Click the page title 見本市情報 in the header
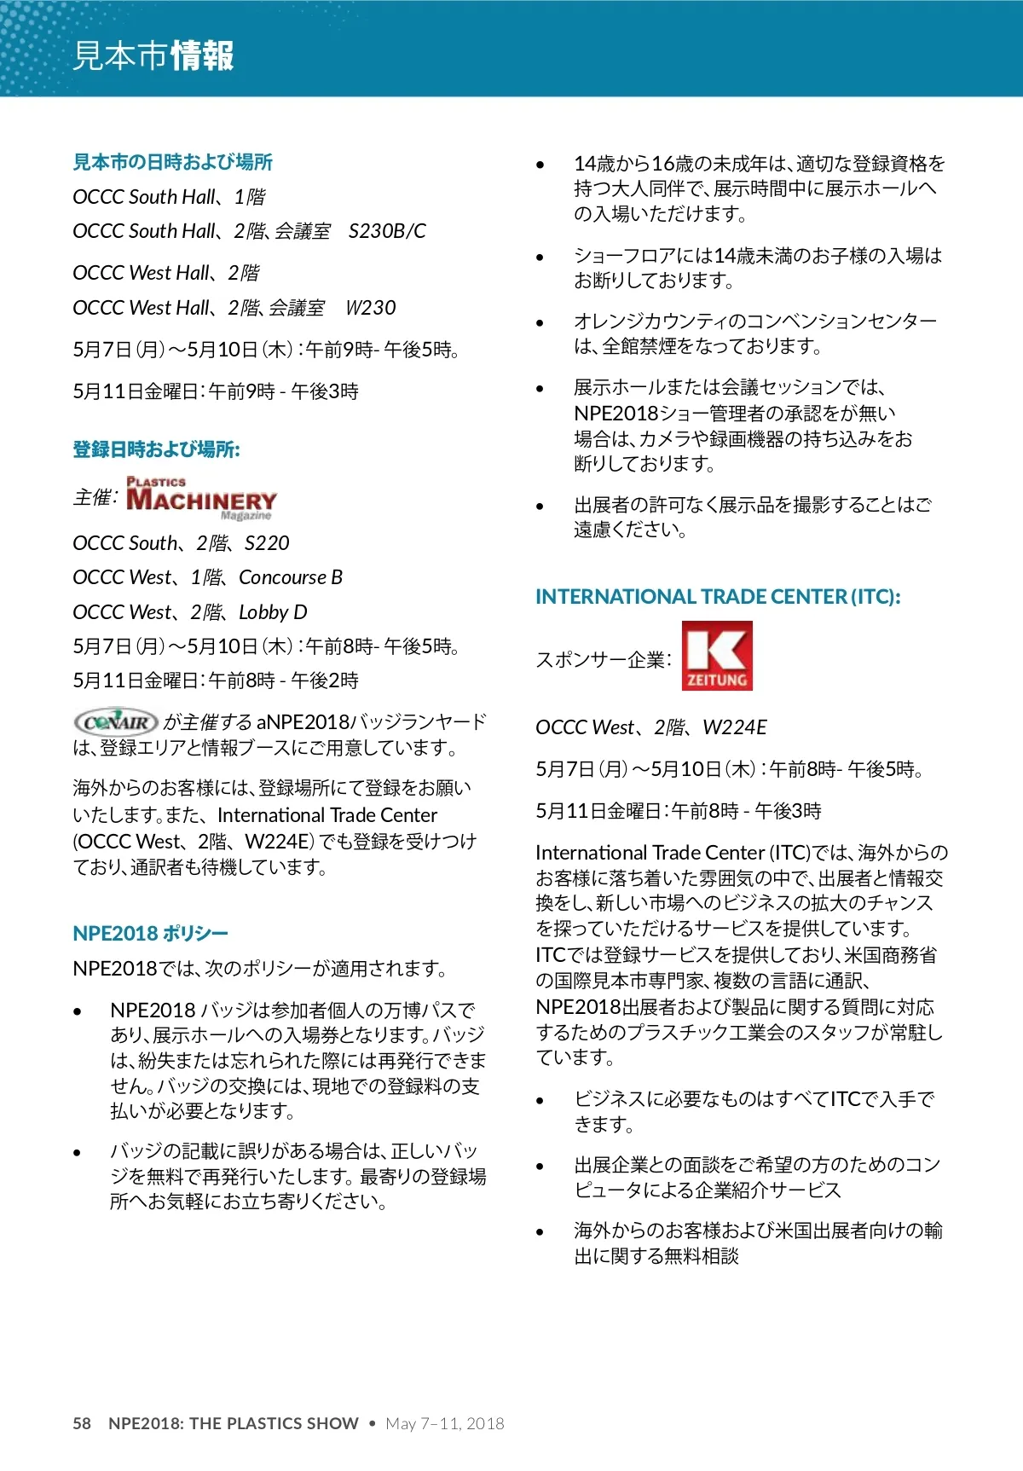tap(153, 56)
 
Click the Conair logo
tap(116, 722)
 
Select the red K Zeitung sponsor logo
tap(717, 656)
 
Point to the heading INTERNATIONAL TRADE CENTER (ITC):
tap(718, 597)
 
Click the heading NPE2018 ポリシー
tap(150, 934)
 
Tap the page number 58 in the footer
tap(82, 1423)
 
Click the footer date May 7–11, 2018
tap(445, 1423)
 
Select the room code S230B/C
tap(387, 231)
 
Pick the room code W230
tap(371, 308)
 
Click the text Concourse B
tap(291, 577)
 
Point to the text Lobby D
tap(273, 612)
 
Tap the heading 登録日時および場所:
tap(156, 449)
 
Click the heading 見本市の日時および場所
tap(173, 162)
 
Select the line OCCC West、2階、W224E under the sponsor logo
tap(651, 727)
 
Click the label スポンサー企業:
tap(604, 660)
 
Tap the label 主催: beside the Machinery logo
tap(95, 497)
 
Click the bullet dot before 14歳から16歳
tap(540, 165)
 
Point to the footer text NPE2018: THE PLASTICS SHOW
tap(234, 1423)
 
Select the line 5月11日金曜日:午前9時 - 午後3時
tap(216, 391)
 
